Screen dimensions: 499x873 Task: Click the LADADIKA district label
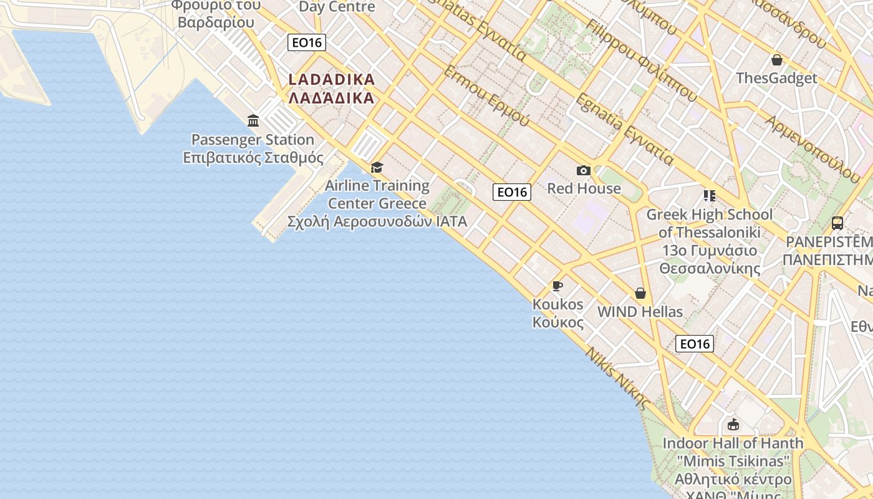click(x=332, y=89)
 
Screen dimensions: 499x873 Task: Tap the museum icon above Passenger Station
click(x=253, y=120)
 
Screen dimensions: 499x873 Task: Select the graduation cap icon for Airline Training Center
click(x=377, y=167)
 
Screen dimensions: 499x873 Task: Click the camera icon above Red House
click(x=584, y=170)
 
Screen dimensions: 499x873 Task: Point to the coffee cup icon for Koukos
click(x=557, y=286)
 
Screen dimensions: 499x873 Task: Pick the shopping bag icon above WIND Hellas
click(x=640, y=293)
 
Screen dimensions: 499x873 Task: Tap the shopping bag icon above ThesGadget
click(x=777, y=60)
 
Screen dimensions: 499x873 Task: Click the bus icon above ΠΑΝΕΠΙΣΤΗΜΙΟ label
click(x=837, y=223)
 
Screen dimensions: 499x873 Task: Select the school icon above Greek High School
click(x=709, y=196)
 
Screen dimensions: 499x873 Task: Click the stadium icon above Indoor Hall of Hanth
click(x=733, y=425)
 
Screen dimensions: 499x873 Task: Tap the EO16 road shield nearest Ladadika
click(x=307, y=42)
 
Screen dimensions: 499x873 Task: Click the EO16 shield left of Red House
click(x=512, y=192)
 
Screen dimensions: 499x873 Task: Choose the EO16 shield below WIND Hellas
click(x=695, y=344)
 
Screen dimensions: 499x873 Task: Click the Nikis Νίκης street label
click(x=617, y=378)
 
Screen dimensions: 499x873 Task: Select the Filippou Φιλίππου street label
click(x=642, y=60)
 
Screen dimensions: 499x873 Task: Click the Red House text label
click(x=584, y=188)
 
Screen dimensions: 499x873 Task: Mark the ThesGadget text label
click(x=776, y=78)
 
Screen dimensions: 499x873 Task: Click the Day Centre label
click(x=337, y=7)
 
